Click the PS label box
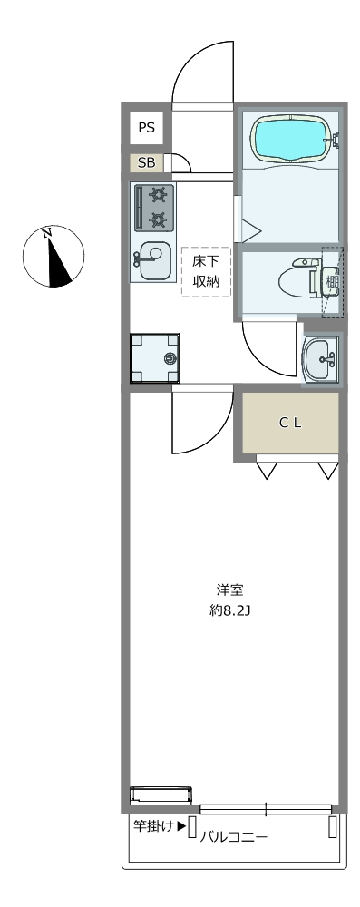click(146, 127)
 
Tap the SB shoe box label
click(146, 163)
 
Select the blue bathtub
click(291, 140)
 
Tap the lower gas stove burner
click(158, 219)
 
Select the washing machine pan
click(154, 358)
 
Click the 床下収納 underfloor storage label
click(206, 272)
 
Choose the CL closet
click(290, 423)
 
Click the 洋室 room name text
click(229, 590)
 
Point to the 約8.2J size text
click(229, 610)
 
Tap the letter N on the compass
click(47, 232)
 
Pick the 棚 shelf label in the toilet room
click(332, 282)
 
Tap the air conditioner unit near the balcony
click(161, 795)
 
